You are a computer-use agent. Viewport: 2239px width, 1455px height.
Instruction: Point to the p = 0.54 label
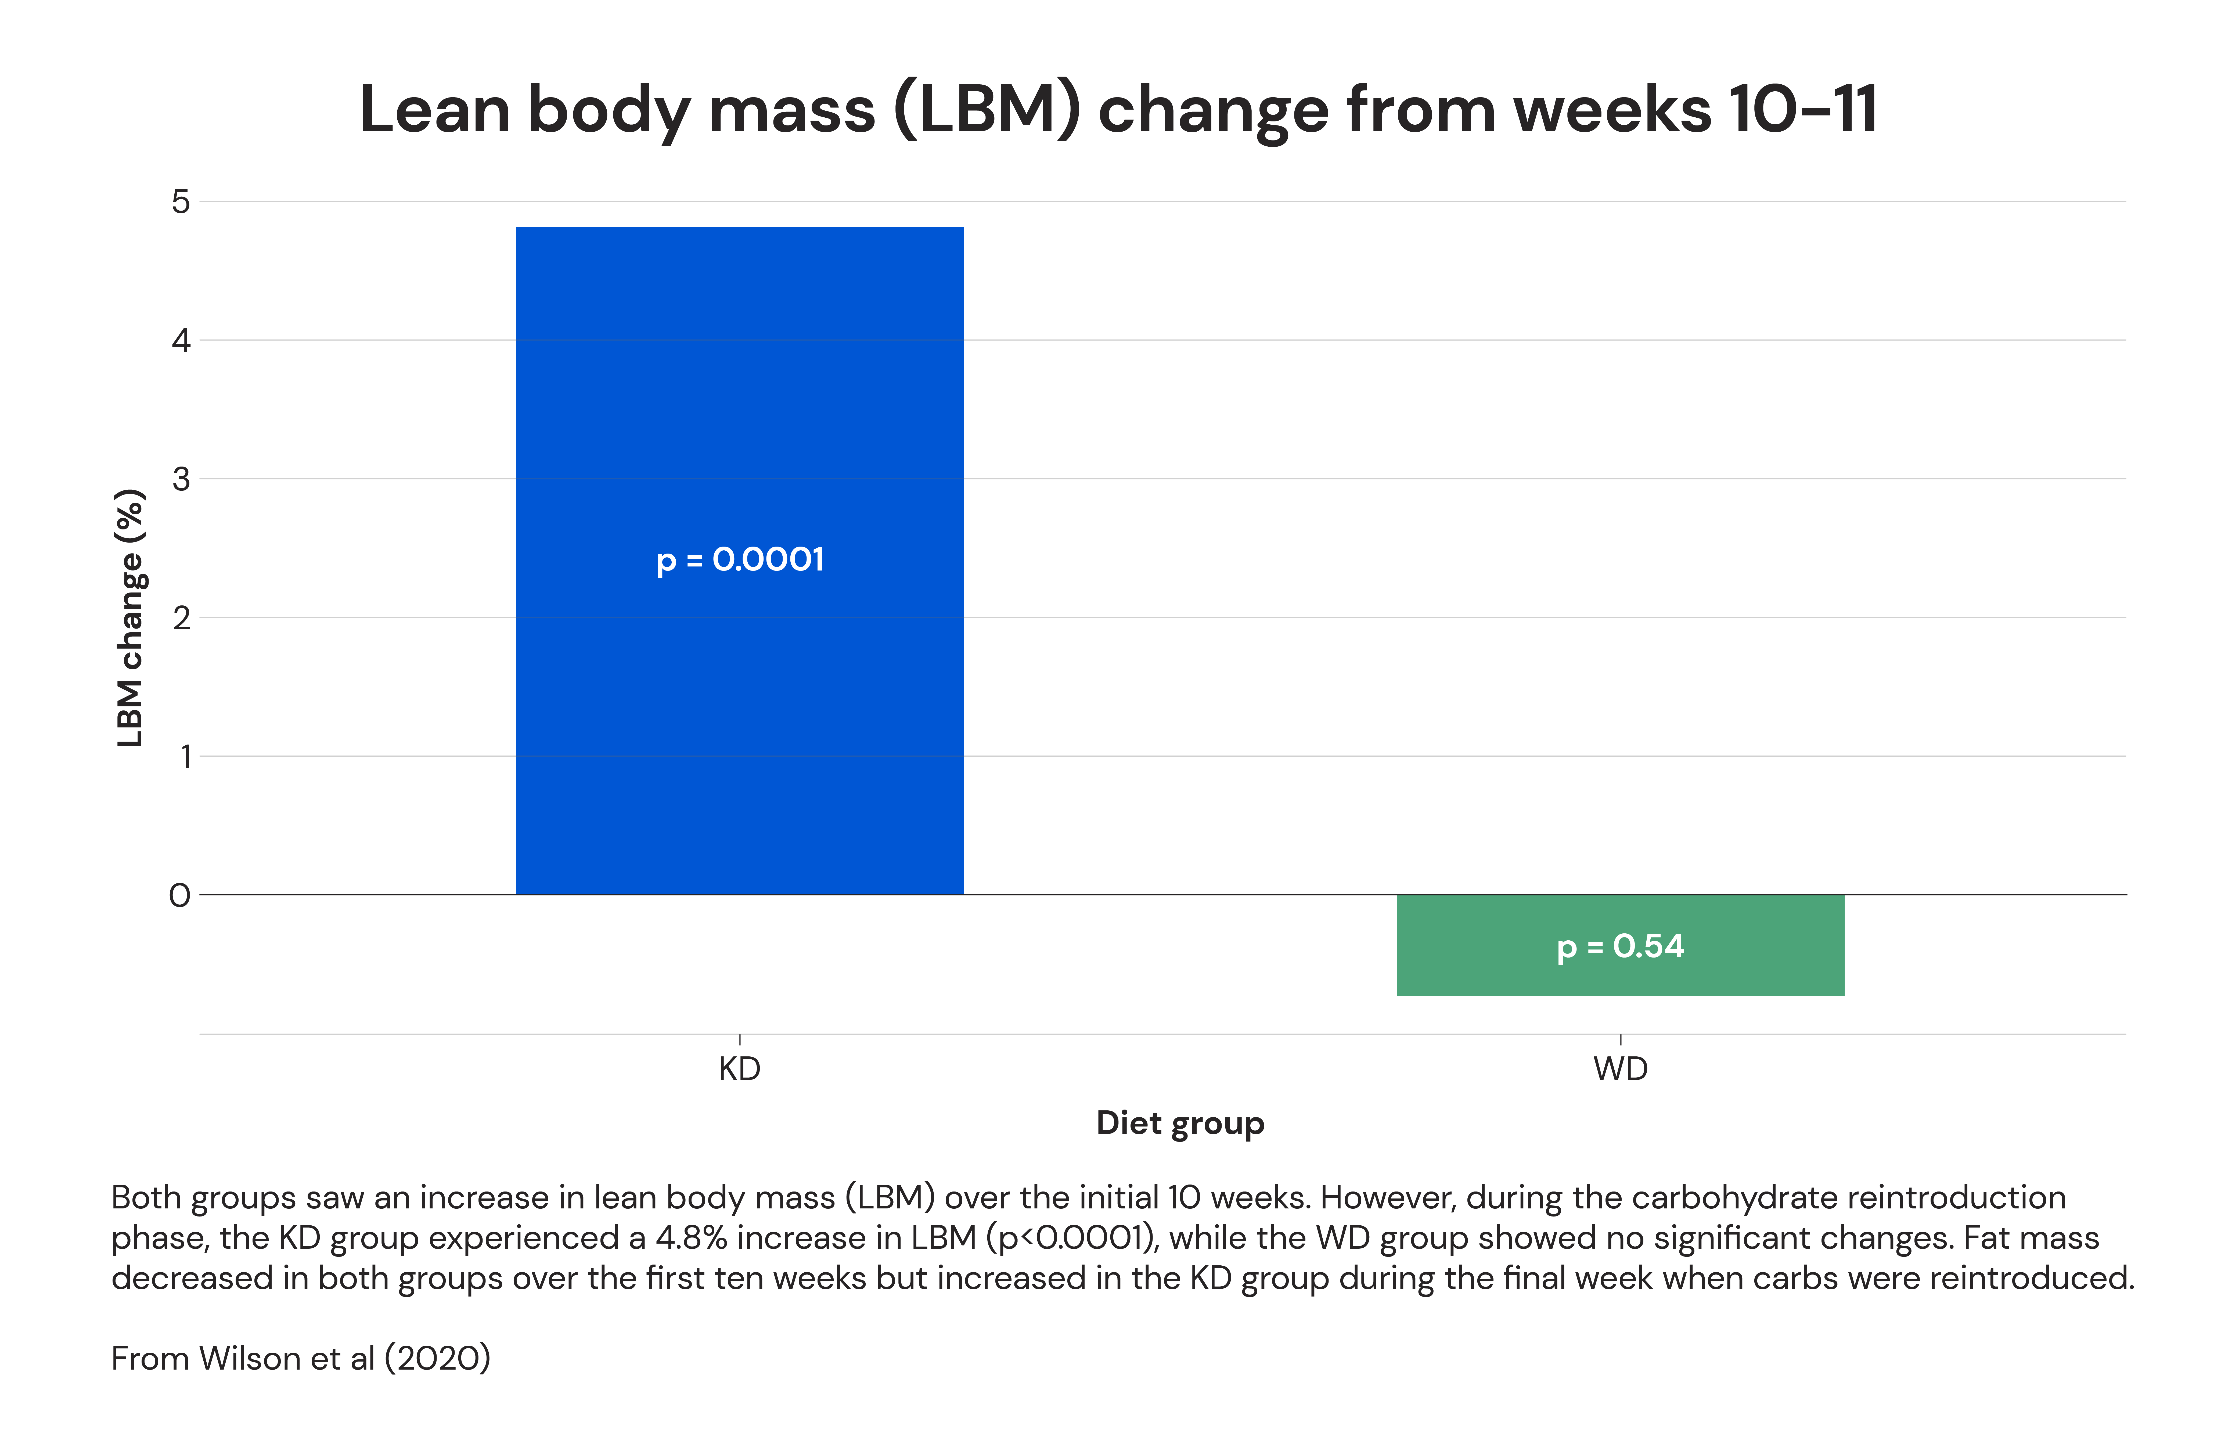[1620, 946]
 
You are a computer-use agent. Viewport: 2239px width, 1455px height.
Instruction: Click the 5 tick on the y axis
[181, 201]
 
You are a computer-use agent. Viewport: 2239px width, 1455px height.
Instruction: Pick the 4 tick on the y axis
[181, 341]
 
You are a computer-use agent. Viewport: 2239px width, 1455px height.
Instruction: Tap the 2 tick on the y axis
[181, 618]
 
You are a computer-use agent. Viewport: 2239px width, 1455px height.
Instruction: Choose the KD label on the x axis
[739, 1069]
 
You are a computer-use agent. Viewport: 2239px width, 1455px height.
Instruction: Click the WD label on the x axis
[1620, 1069]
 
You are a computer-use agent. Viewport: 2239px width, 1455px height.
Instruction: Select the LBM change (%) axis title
[130, 618]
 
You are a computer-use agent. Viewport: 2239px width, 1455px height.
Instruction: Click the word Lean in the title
[435, 110]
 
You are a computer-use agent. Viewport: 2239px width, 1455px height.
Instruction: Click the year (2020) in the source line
[437, 1358]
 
